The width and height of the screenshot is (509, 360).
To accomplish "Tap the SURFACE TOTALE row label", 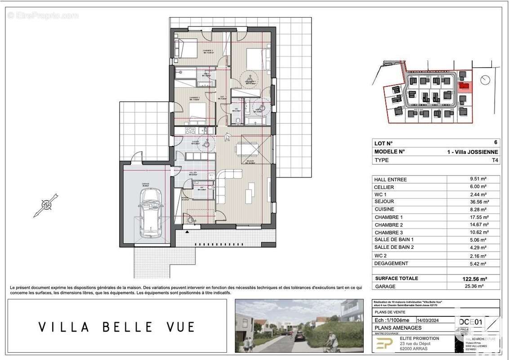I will pos(396,278).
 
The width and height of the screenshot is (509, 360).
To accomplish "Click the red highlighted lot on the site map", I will pos(464,85).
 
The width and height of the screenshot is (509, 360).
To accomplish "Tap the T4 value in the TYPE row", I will pos(495,160).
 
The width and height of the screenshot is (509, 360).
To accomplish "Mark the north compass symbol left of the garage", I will pos(46,206).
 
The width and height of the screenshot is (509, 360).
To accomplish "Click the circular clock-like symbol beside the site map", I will pos(485,80).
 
